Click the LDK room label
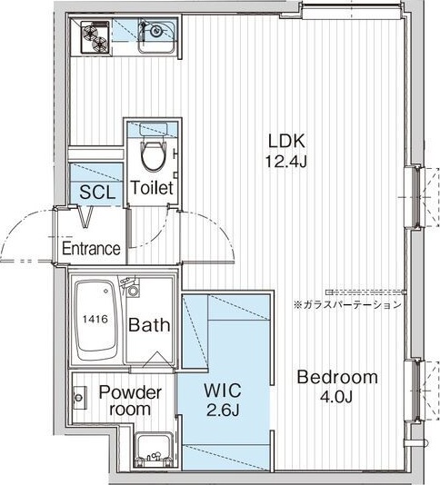(286, 141)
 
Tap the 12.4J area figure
(286, 161)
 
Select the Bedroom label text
(337, 377)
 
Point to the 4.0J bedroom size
(336, 396)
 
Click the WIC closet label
(223, 391)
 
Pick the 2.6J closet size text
(223, 411)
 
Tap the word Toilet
(152, 187)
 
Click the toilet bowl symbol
(153, 156)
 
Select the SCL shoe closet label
(97, 192)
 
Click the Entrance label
(91, 248)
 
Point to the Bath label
(149, 325)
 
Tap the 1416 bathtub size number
(95, 319)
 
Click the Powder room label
(130, 401)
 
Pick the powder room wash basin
(80, 398)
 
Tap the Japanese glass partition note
(347, 305)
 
